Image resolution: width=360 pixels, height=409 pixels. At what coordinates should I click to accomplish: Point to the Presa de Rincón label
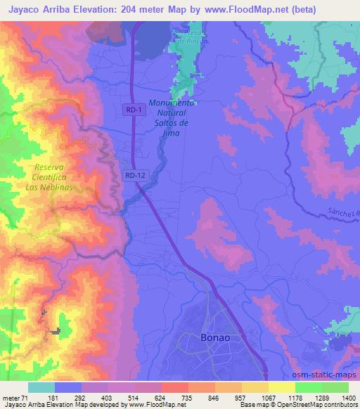[x=192, y=37]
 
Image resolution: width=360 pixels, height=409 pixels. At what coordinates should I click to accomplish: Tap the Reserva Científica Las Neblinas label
[x=49, y=178]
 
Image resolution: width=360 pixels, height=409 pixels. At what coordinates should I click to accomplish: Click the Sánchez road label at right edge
[x=342, y=215]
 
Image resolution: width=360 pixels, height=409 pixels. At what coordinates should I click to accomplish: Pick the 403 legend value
[x=105, y=397]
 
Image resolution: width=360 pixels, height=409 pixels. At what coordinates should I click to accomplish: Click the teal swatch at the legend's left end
[x=41, y=387]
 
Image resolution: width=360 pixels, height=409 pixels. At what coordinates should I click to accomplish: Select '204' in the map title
[x=129, y=10]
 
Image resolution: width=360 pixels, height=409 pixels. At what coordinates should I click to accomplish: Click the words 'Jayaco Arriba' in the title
[x=36, y=10]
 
